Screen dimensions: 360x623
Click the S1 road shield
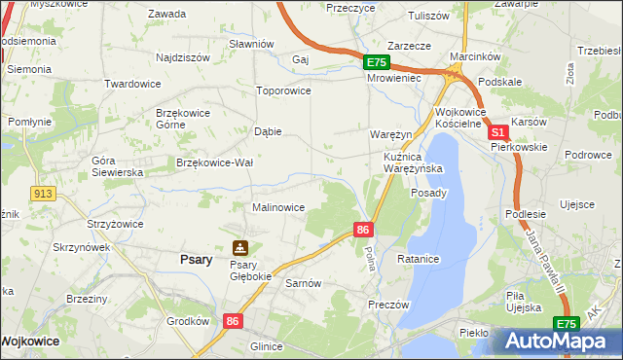click(497, 132)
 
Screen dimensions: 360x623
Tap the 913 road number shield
click(41, 194)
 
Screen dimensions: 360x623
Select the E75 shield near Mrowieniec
click(378, 62)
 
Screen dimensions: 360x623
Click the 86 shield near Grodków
click(232, 320)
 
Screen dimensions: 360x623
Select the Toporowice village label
click(282, 90)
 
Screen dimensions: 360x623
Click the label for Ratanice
click(420, 260)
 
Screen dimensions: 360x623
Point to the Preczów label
click(387, 305)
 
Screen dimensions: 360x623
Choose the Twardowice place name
click(132, 84)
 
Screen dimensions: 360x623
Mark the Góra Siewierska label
click(117, 165)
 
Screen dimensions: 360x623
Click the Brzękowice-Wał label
click(214, 162)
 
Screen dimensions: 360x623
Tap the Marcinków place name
click(474, 56)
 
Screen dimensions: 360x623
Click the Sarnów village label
click(303, 283)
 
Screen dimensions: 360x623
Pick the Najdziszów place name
click(183, 57)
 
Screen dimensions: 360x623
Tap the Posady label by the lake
click(429, 193)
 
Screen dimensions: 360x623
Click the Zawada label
click(166, 14)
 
